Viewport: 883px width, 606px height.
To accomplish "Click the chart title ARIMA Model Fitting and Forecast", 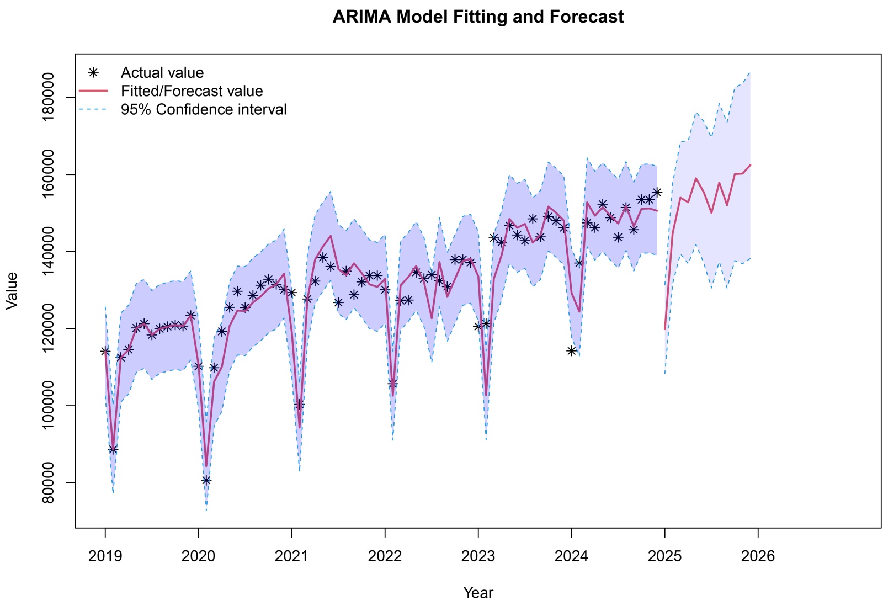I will [x=478, y=17].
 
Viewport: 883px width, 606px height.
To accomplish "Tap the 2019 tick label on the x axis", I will [x=105, y=556].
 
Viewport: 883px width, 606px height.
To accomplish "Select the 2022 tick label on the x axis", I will [x=385, y=556].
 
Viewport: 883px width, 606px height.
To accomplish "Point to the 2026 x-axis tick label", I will [x=758, y=556].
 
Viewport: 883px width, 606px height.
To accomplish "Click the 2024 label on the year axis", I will [x=571, y=556].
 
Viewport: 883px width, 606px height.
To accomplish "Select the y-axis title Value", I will [x=12, y=291].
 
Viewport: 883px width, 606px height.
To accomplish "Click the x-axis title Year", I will [x=478, y=593].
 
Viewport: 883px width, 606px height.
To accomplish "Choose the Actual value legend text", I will [x=162, y=73].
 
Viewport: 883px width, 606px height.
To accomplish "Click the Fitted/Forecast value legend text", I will [x=192, y=91].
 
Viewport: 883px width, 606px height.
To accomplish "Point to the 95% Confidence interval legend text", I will [x=204, y=109].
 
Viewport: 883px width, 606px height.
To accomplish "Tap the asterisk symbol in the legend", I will [x=94, y=72].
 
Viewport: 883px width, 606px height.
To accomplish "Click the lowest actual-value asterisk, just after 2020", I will [x=206, y=480].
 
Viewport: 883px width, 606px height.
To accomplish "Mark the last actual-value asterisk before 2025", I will [x=657, y=192].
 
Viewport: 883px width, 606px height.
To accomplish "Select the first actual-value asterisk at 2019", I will [x=105, y=350].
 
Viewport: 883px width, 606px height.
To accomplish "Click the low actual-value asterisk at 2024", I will [x=571, y=350].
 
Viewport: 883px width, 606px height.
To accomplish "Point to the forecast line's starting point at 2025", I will [x=665, y=329].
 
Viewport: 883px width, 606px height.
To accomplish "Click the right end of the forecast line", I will [x=750, y=165].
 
